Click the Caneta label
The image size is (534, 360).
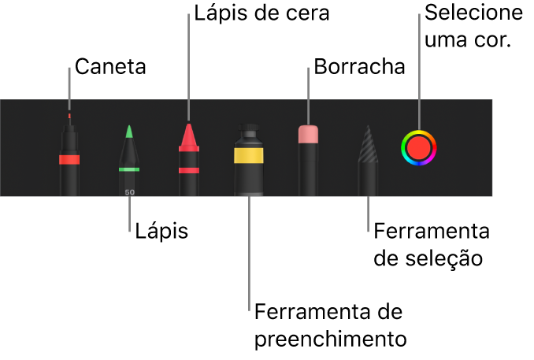[x=110, y=68]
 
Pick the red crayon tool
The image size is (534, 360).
[x=188, y=160]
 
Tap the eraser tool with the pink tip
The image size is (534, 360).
[x=308, y=158]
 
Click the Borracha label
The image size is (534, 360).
[x=359, y=68]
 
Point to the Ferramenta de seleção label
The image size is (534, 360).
[x=432, y=244]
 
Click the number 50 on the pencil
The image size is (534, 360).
[x=129, y=191]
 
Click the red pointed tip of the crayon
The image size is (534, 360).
[x=188, y=135]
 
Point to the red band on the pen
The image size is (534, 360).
[x=69, y=159]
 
